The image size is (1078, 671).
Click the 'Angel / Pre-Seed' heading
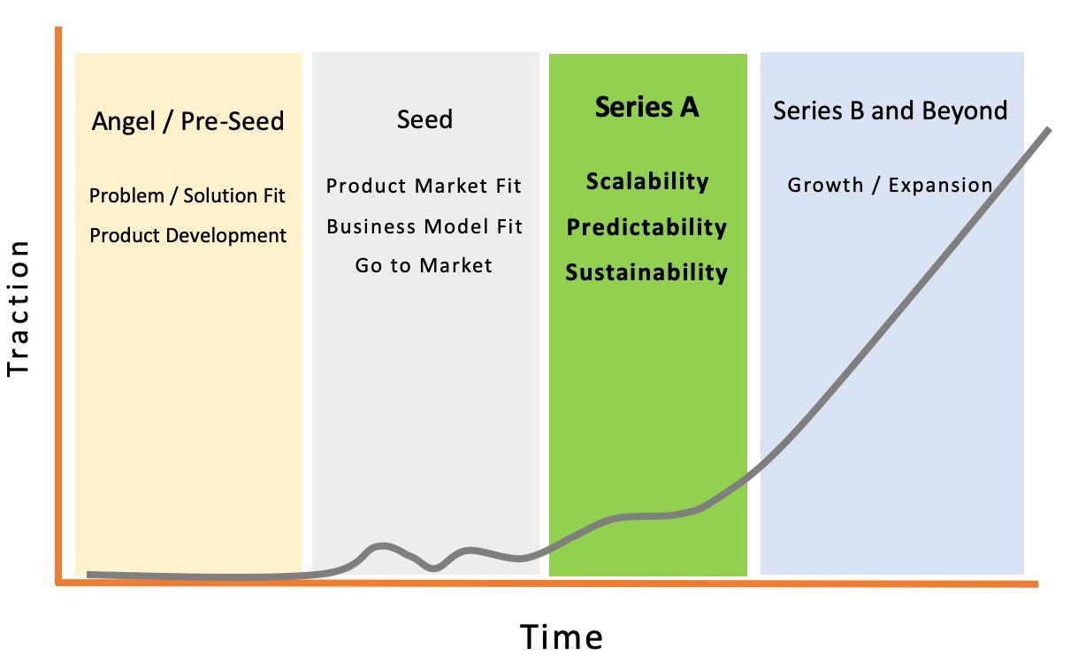(x=187, y=121)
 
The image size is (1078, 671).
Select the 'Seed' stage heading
(x=425, y=119)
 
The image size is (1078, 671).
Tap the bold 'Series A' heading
(x=646, y=107)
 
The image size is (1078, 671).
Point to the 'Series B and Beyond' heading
(x=891, y=111)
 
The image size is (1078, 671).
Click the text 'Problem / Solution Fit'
(x=187, y=195)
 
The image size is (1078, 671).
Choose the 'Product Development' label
(x=187, y=236)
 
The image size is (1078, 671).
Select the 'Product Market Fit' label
(x=424, y=186)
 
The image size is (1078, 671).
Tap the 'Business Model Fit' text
(x=424, y=226)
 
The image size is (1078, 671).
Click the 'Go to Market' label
(x=424, y=265)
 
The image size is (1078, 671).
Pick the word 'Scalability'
(x=647, y=182)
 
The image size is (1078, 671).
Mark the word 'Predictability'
(x=646, y=227)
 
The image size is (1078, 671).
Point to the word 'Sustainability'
(x=646, y=272)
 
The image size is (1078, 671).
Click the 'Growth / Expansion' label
(x=890, y=185)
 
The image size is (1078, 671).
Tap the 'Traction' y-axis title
(x=19, y=309)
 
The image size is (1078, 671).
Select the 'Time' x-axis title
(x=562, y=637)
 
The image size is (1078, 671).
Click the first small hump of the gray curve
(x=382, y=546)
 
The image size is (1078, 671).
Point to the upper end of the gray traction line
(x=1049, y=129)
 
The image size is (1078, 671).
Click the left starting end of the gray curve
(x=88, y=575)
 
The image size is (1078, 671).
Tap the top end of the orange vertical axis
(x=58, y=28)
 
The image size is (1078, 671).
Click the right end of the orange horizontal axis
(x=1037, y=584)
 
